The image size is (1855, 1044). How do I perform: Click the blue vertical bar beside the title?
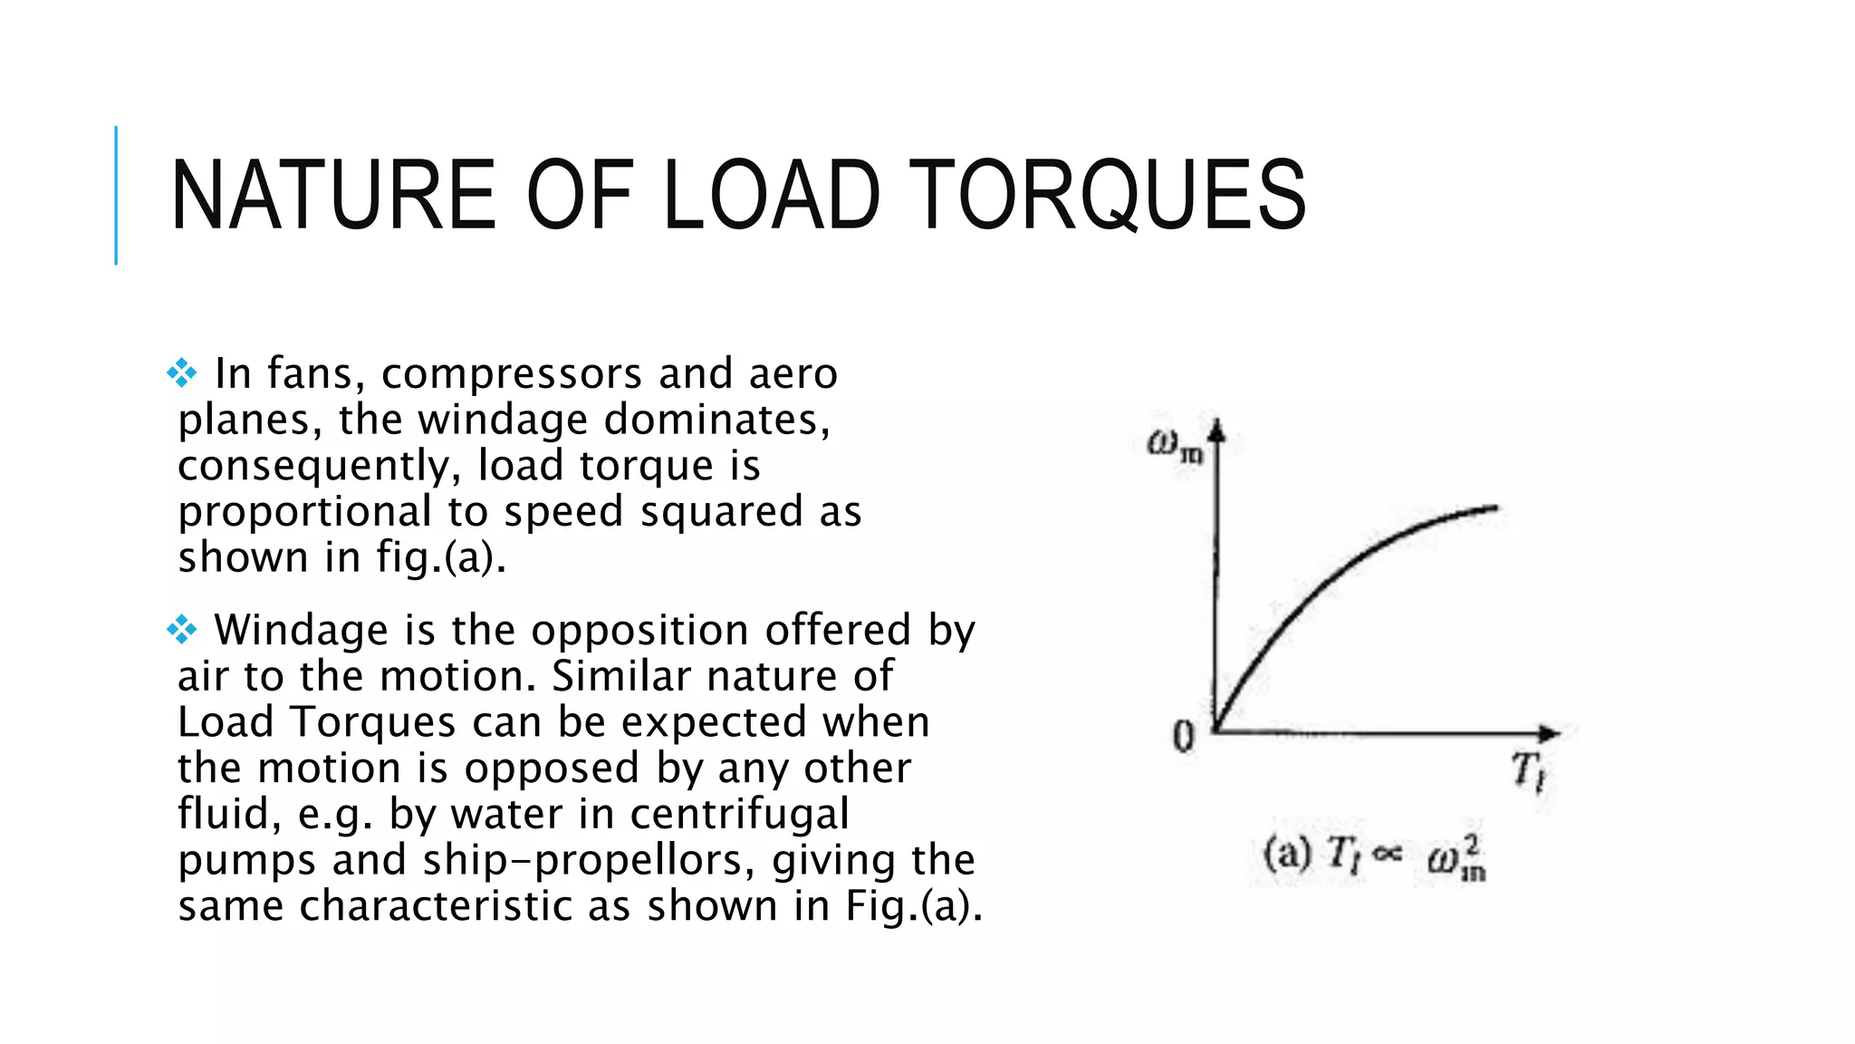coord(116,196)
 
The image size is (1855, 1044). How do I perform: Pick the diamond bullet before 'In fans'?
coord(182,373)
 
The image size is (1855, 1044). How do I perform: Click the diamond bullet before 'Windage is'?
coord(182,630)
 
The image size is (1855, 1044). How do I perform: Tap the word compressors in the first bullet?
coord(512,374)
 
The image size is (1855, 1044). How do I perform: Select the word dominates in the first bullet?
coord(716,420)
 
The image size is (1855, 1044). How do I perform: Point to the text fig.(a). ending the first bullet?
coord(441,557)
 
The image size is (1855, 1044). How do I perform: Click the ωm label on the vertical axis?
coord(1175,445)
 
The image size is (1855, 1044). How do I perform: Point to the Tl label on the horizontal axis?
coord(1529,771)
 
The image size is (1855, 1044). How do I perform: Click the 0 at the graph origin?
coord(1184,736)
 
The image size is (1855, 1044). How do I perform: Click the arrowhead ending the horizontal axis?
coord(1551,732)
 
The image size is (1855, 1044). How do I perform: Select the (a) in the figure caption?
coord(1287,854)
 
